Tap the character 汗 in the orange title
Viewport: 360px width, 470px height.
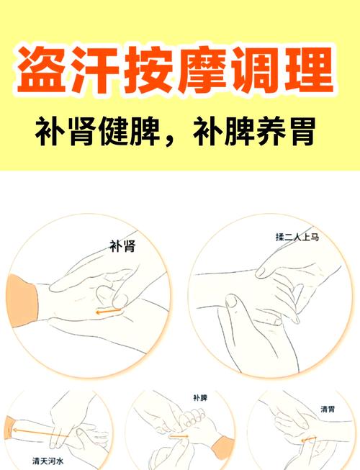tap(99, 70)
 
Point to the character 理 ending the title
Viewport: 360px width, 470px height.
tap(312, 70)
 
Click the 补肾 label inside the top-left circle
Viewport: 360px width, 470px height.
tap(122, 245)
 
